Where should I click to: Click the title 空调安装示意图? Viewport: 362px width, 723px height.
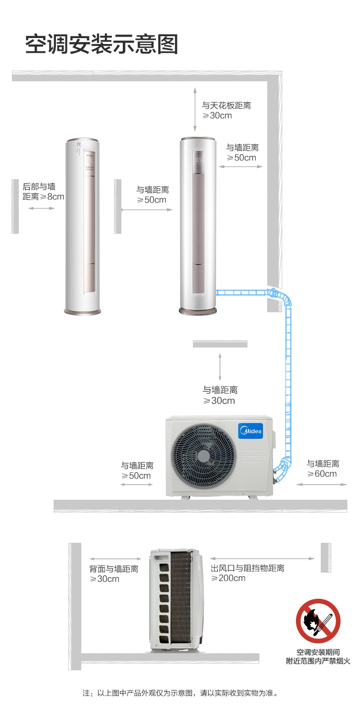coord(102,44)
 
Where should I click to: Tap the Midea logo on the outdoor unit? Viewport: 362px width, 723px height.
coord(251,431)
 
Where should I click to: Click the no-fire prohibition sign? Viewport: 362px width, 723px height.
coord(318,621)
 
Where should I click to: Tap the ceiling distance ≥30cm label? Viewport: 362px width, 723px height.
coord(226,110)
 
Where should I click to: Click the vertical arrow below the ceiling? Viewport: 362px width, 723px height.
coord(195,109)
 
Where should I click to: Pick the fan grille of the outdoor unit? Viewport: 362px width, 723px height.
coord(203,456)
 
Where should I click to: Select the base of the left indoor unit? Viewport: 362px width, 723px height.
coord(82,312)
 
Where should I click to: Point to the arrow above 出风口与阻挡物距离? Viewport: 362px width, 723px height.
coord(262,558)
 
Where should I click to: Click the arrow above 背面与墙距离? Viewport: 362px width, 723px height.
coord(115,559)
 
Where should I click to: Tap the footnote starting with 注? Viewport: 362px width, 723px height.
coord(181,693)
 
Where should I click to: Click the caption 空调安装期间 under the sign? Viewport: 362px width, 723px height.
coord(318,652)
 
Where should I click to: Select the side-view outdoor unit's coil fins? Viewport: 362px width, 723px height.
coord(181,597)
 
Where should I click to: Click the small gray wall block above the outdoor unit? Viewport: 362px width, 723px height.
coord(220,344)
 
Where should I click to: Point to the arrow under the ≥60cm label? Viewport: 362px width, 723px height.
coord(322,485)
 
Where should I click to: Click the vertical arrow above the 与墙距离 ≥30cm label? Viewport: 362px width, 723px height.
coord(220,367)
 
